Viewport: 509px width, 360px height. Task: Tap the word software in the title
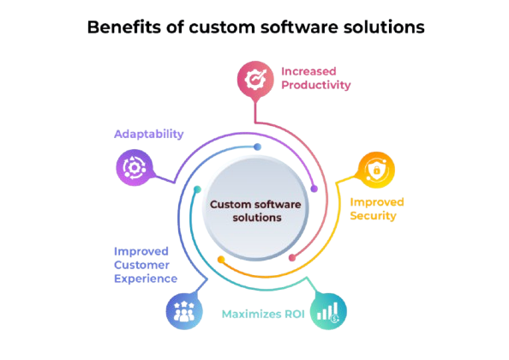coord(284,27)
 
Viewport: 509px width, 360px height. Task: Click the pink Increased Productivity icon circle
coord(254,79)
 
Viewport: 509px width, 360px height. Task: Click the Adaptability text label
coord(148,134)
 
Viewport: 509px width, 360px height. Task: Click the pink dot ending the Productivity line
coord(292,257)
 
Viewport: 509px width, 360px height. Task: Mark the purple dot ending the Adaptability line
coord(314,189)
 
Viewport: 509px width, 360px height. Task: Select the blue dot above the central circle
coord(258,147)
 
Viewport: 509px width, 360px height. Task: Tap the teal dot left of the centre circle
coord(197,188)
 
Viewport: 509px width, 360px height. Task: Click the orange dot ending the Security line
coord(220,258)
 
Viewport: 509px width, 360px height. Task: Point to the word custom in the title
coord(200,27)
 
